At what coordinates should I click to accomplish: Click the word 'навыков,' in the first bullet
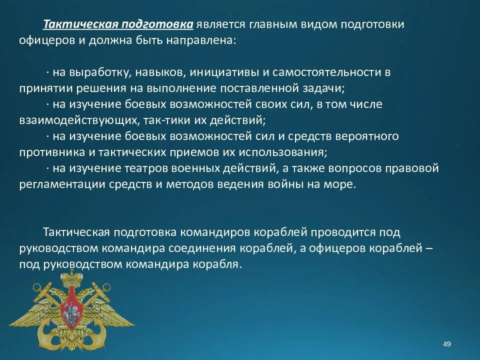(160, 72)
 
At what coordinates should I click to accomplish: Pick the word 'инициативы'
(222, 72)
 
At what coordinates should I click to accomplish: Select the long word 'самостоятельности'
(325, 72)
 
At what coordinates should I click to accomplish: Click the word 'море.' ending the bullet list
(342, 184)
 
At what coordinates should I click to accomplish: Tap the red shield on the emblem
(70, 315)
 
